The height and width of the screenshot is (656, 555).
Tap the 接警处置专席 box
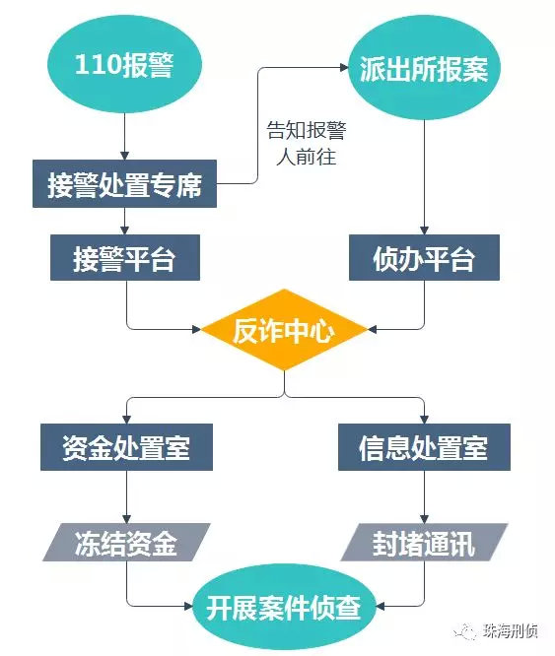(x=124, y=184)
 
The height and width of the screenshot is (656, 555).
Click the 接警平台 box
(x=124, y=259)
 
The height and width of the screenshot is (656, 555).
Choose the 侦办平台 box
(x=424, y=259)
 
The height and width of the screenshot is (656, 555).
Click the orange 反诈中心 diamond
(x=284, y=330)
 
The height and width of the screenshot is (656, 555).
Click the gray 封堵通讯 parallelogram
(x=424, y=543)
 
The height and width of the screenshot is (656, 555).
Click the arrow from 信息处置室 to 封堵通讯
(x=424, y=497)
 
